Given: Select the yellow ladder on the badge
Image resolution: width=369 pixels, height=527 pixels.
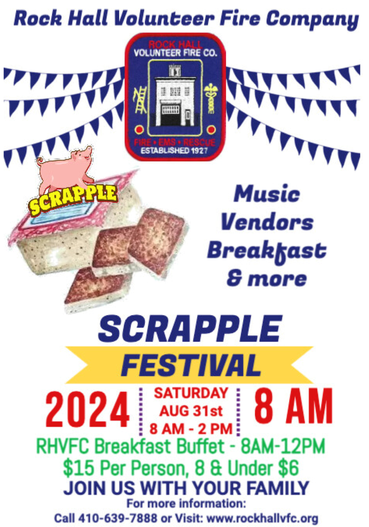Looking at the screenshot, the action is [x=141, y=100].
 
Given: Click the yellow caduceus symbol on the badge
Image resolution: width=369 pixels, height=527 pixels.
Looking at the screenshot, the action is [x=211, y=100].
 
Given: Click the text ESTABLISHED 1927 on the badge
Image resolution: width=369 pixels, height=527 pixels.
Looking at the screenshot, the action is [x=174, y=150].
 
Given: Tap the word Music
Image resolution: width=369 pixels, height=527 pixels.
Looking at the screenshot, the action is [x=267, y=194].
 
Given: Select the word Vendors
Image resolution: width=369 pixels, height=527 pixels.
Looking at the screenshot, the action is [x=267, y=222].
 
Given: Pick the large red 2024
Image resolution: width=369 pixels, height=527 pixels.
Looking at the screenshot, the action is [x=87, y=410].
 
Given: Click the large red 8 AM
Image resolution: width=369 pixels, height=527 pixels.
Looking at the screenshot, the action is [x=293, y=407].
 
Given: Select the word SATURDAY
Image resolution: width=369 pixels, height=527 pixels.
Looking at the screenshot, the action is [x=191, y=393].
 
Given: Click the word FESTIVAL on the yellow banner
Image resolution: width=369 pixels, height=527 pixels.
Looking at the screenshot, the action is [x=190, y=365].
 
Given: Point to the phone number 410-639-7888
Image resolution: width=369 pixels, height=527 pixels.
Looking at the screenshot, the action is [x=118, y=518].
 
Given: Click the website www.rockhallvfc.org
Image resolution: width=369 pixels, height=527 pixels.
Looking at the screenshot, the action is [x=262, y=518].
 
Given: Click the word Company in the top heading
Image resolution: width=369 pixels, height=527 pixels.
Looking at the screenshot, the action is [x=312, y=19].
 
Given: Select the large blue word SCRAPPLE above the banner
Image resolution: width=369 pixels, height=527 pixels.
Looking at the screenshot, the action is [x=190, y=329].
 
